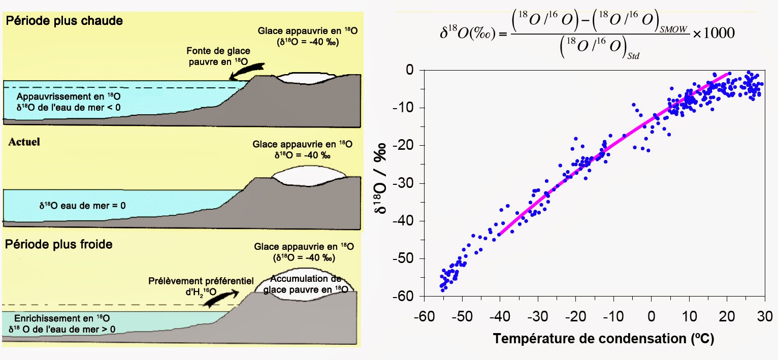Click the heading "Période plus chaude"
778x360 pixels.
click(x=64, y=22)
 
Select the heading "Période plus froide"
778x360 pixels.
click(x=59, y=244)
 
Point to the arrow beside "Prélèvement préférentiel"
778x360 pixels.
click(x=221, y=299)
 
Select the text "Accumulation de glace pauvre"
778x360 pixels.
click(x=305, y=284)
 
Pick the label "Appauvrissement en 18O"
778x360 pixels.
click(x=69, y=96)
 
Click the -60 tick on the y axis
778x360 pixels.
click(x=409, y=296)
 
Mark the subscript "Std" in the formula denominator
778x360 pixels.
click(x=632, y=56)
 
